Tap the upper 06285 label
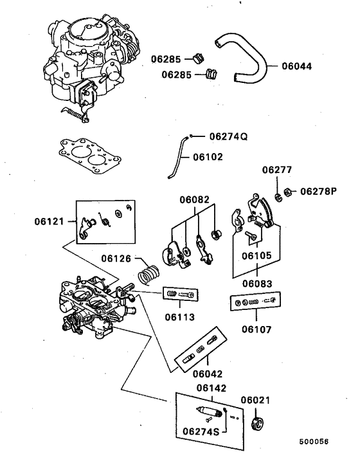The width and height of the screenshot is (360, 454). [167, 60]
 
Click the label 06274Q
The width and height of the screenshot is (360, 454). [228, 136]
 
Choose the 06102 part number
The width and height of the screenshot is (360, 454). [208, 156]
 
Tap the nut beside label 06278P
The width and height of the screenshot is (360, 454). [289, 191]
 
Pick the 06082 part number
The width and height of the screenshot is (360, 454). [194, 200]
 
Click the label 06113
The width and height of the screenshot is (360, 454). [180, 316]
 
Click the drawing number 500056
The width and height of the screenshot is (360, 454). [313, 442]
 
